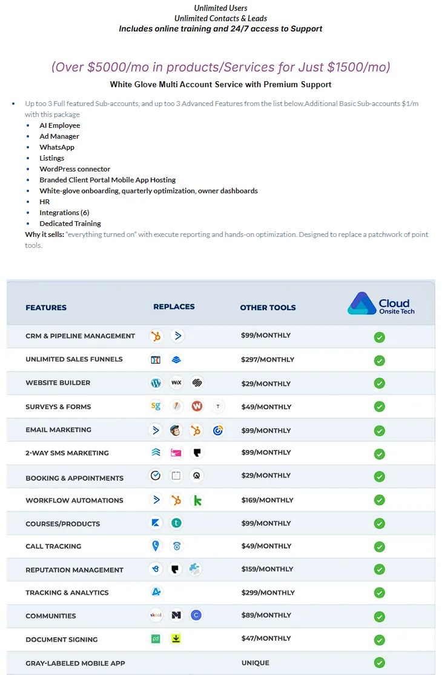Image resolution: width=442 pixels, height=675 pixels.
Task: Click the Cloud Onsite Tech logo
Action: pyautogui.click(x=381, y=304)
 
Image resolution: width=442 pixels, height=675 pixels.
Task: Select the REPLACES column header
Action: pyautogui.click(x=174, y=307)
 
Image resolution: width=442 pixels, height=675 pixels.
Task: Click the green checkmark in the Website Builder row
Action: pyautogui.click(x=379, y=384)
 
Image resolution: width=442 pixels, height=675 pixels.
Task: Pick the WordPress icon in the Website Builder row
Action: pyautogui.click(x=156, y=383)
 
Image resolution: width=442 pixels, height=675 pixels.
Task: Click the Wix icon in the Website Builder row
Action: pyautogui.click(x=176, y=383)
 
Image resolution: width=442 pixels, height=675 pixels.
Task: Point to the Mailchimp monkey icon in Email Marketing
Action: pyautogui.click(x=176, y=430)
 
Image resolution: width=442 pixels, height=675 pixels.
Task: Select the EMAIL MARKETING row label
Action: pyautogui.click(x=58, y=430)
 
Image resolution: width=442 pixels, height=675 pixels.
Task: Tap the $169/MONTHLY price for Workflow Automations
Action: pyautogui.click(x=267, y=500)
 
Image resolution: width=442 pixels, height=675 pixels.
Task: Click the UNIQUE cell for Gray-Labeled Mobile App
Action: pyautogui.click(x=255, y=663)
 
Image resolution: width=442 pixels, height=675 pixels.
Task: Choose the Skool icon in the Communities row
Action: pyautogui.click(x=156, y=616)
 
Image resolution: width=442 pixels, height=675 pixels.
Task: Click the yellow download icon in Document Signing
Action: pyautogui.click(x=176, y=639)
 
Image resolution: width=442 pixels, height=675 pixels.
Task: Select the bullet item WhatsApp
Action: pyautogui.click(x=57, y=147)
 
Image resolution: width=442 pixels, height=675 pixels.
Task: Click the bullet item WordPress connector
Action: pyautogui.click(x=75, y=169)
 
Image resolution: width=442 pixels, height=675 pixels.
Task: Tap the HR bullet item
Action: pyautogui.click(x=45, y=202)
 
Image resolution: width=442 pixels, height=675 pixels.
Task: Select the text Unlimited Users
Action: pyautogui.click(x=220, y=8)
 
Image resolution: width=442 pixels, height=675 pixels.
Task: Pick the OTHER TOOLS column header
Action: pyautogui.click(x=268, y=307)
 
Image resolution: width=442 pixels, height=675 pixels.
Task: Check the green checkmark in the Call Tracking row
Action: pyautogui.click(x=379, y=547)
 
